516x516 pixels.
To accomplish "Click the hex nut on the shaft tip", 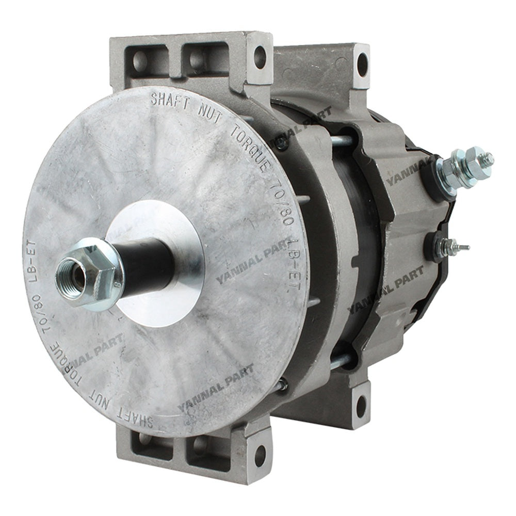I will (x=88, y=273).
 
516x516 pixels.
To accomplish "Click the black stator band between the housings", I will (x=356, y=258).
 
